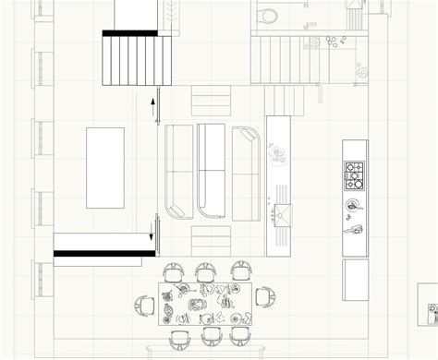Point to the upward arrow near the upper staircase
(153, 108)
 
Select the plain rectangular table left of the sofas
(104, 168)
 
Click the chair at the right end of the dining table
(267, 298)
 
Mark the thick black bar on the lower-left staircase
(103, 252)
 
